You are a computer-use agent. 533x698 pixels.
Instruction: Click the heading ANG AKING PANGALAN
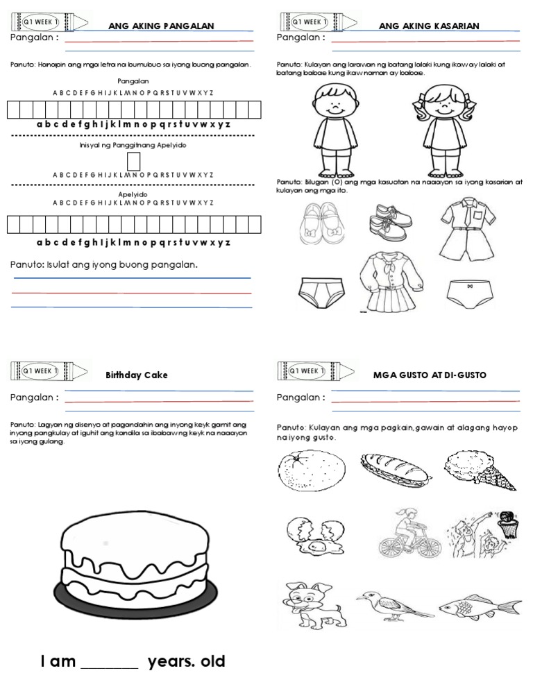coord(160,26)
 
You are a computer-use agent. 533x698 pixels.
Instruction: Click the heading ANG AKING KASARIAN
coord(430,26)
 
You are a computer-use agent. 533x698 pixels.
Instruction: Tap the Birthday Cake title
coord(137,375)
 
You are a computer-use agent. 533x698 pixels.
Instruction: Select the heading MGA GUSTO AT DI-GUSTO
coord(430,375)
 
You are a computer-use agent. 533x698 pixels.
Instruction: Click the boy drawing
coord(335,130)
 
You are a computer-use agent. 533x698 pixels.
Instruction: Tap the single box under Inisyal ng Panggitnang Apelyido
coord(134,161)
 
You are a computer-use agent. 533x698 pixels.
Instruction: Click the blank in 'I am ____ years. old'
coord(110,663)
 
